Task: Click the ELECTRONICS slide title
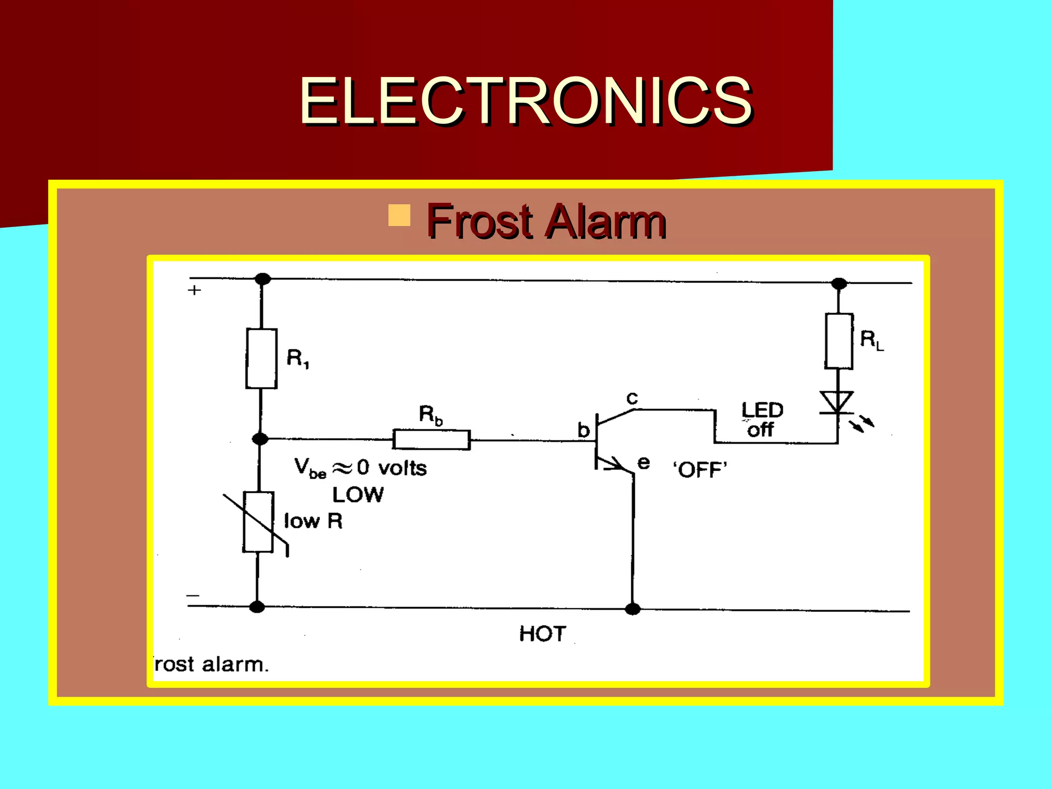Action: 525,101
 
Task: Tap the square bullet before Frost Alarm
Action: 399,215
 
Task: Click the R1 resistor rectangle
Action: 261,359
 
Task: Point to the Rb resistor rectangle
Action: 431,440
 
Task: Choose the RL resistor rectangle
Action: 839,341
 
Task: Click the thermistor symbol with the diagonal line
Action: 258,522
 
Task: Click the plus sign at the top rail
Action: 194,290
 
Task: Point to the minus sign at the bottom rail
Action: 193,595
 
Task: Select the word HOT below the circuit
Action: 542,634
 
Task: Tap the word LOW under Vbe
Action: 358,495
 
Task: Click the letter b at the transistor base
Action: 583,430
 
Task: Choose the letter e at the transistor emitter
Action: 643,462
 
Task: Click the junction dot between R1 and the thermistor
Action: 260,439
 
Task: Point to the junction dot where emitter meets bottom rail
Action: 632,609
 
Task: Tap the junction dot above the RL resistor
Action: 839,284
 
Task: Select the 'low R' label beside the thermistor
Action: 313,521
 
